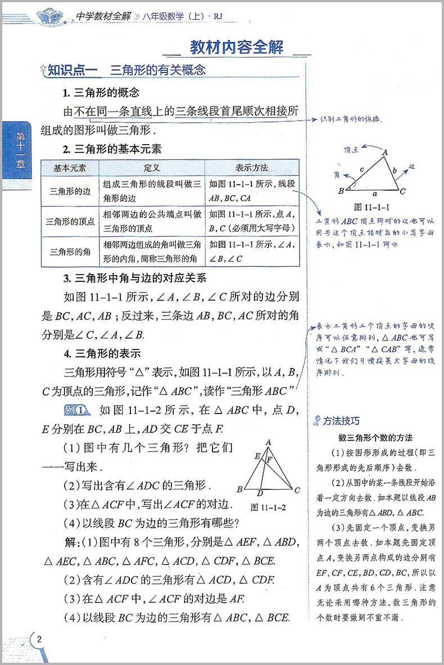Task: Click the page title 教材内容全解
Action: pos(235,47)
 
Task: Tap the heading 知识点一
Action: pos(73,70)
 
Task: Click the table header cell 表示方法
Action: pos(251,168)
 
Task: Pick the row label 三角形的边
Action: pos(70,191)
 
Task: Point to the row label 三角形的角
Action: pos(70,251)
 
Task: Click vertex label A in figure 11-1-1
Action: pos(385,151)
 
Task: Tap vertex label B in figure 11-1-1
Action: pos(341,191)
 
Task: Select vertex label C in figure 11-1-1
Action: pos(403,191)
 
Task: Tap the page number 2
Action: pos(39,639)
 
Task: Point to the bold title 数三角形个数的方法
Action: pos(375,438)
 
